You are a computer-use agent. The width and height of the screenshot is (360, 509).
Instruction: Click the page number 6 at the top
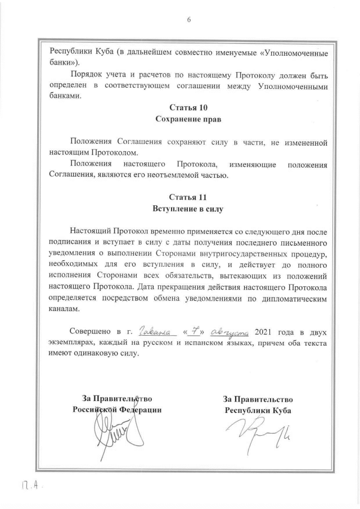(x=188, y=20)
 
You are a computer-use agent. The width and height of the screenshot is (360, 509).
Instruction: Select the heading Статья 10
(x=188, y=107)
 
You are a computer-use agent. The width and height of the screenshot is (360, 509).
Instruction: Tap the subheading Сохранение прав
(x=188, y=119)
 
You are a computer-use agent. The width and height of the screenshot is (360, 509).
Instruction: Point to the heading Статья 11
(x=188, y=197)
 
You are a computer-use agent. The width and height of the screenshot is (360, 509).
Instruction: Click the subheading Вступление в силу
(x=188, y=209)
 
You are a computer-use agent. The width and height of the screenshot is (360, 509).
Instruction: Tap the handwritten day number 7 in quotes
(x=193, y=330)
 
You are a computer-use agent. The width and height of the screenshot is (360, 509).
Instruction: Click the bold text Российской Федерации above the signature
(x=117, y=410)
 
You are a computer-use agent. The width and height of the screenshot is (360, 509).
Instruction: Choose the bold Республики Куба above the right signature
(x=258, y=410)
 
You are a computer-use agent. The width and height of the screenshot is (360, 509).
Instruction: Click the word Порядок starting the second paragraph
(x=86, y=75)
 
